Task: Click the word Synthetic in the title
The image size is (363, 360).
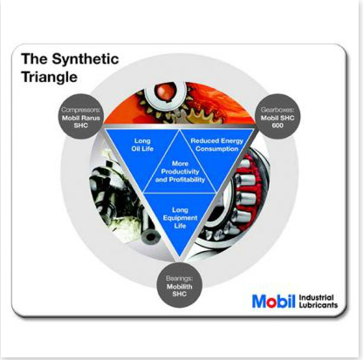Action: pyautogui.click(x=86, y=60)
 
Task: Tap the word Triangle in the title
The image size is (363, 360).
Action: pyautogui.click(x=50, y=78)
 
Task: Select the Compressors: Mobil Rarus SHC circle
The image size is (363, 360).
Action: pyautogui.click(x=81, y=116)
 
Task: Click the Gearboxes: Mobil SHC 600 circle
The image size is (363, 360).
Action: pyautogui.click(x=277, y=116)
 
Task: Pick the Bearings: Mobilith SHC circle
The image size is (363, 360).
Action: pyautogui.click(x=179, y=285)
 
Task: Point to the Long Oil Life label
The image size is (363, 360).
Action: pyautogui.click(x=142, y=145)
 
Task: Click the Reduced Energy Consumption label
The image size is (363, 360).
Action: pyautogui.click(x=217, y=145)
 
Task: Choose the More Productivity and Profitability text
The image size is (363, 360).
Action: pyautogui.click(x=180, y=172)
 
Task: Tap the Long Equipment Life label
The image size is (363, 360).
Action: pyautogui.click(x=180, y=218)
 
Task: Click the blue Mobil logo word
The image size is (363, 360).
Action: pyautogui.click(x=274, y=301)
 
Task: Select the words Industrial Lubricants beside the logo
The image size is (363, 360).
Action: pyautogui.click(x=318, y=302)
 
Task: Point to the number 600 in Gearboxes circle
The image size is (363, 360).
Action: pyautogui.click(x=277, y=126)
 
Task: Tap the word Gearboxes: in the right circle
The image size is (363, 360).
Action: pyautogui.click(x=277, y=110)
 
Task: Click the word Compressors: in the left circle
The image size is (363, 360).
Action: pyautogui.click(x=81, y=110)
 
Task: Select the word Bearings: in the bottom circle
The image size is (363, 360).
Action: pyautogui.click(x=179, y=278)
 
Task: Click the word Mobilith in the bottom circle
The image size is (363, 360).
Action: pyautogui.click(x=180, y=287)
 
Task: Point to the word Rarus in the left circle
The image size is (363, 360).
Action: pyautogui.click(x=90, y=118)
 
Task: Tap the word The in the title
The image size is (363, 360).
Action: pyautogui.click(x=34, y=59)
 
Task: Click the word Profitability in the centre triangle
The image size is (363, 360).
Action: pyautogui.click(x=187, y=180)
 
